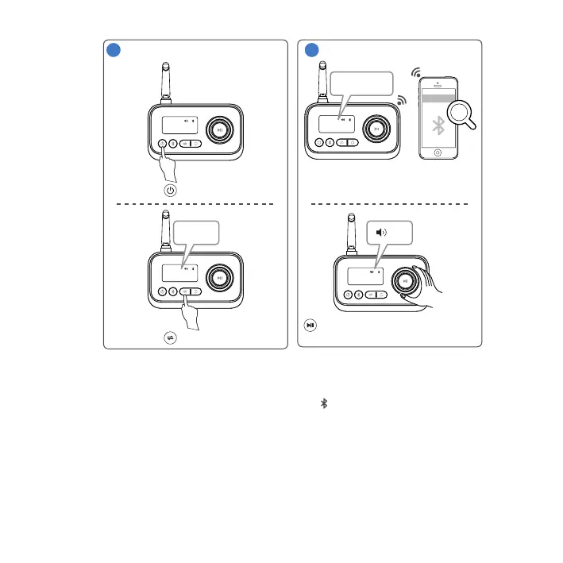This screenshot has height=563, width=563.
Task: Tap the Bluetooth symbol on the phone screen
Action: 436,125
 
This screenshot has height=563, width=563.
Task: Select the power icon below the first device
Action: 170,191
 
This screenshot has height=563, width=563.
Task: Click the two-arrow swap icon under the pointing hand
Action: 170,337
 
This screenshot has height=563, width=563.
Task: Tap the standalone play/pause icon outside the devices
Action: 312,325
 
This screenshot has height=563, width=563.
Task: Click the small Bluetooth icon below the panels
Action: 324,403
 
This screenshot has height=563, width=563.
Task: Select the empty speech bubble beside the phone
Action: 361,83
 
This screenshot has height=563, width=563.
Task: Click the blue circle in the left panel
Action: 114,50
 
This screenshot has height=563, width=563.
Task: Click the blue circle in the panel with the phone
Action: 314,50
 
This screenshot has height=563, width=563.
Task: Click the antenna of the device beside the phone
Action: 322,79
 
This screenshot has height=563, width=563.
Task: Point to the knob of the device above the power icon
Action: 221,128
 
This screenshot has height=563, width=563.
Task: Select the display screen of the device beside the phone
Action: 337,123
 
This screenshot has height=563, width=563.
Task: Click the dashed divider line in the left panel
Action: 195,204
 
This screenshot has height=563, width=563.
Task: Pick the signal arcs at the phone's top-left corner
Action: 415,72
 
